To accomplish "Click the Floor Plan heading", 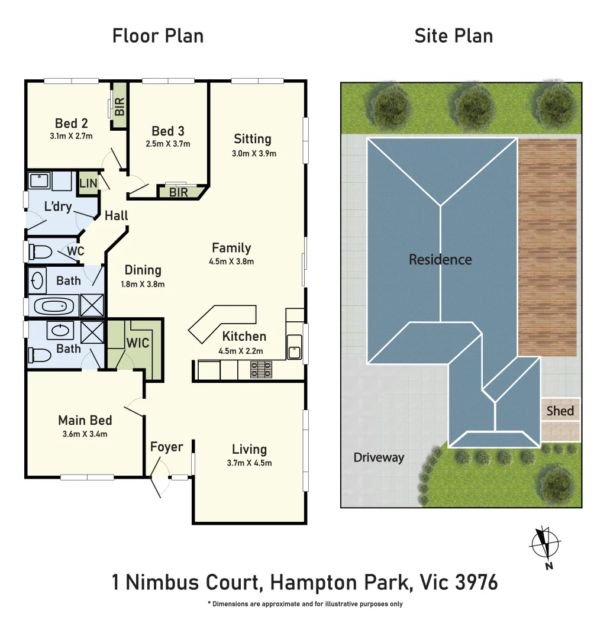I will [x=158, y=36].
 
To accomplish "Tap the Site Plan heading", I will [x=453, y=36].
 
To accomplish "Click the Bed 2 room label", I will [x=72, y=124].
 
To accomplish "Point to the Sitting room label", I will [x=253, y=139].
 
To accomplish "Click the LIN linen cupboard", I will [x=88, y=183].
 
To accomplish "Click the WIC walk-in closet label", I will [x=138, y=343].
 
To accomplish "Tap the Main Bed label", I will [x=85, y=421].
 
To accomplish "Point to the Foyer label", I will [x=166, y=447].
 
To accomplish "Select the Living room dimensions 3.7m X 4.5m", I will [x=249, y=463].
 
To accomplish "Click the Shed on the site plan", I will [x=560, y=411].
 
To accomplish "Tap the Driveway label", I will [x=379, y=457].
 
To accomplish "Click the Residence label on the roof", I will [x=440, y=260].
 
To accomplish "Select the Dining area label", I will [x=143, y=270].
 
